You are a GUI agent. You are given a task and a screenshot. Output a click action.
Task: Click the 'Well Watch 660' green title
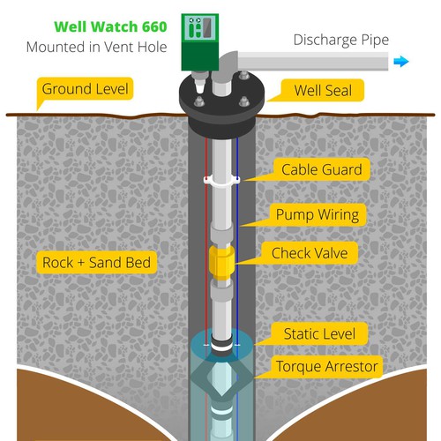110,26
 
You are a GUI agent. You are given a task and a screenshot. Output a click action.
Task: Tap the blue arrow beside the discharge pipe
401,62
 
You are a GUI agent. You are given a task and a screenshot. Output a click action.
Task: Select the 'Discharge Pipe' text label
341,41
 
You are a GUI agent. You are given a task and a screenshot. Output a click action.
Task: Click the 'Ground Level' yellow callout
85,89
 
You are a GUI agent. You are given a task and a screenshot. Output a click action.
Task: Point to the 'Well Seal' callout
323,90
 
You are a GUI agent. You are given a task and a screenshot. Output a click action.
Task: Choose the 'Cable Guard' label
322,169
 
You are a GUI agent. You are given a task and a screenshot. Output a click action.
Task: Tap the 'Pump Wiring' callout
318,214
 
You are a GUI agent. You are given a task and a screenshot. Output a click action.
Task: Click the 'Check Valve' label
310,253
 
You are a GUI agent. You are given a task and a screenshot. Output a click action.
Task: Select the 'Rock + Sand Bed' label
96,263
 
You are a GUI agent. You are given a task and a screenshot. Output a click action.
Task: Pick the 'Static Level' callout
319,333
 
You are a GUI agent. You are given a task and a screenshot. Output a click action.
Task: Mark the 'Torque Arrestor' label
326,367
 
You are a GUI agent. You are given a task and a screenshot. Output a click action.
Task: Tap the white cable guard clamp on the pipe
221,180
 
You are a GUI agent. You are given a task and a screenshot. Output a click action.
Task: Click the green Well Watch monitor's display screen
207,28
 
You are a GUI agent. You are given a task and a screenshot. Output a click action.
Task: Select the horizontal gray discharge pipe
313,61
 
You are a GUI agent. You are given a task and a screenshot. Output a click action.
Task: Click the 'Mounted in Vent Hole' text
96,47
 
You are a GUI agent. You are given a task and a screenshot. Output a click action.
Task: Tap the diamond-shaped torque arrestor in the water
221,377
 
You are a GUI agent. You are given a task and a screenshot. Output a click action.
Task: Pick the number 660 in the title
154,26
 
